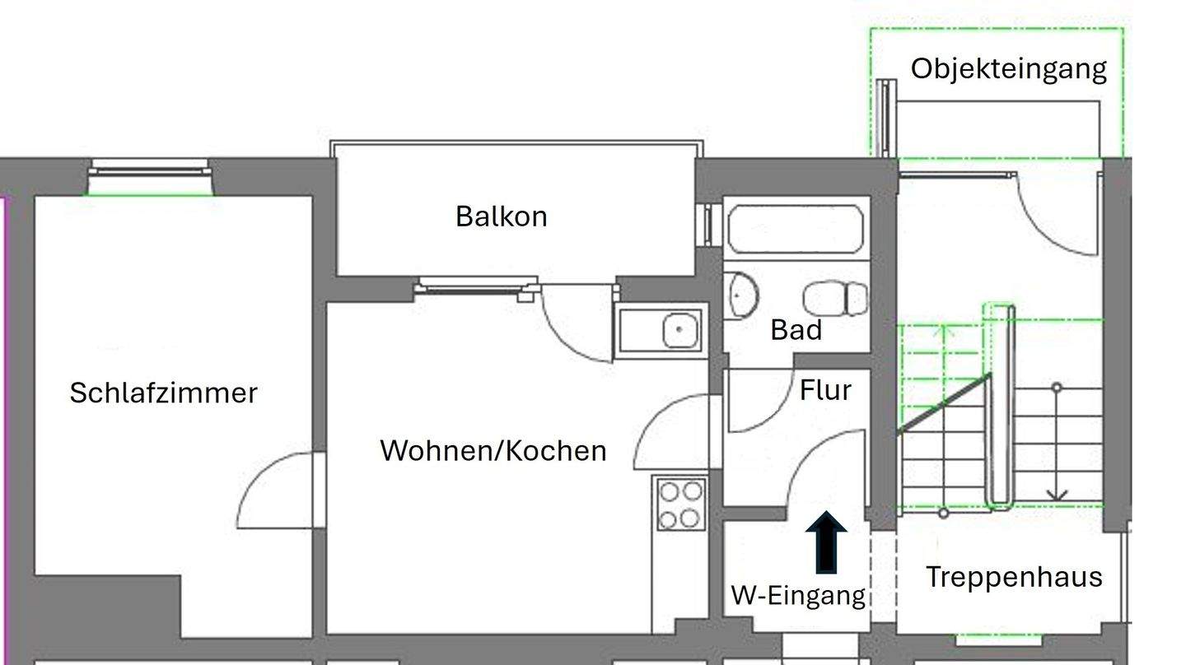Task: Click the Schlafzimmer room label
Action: pos(163,393)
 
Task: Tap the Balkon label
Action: pos(501,216)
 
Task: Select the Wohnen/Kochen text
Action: pos(493,451)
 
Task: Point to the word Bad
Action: pos(796,330)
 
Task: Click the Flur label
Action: pos(824,390)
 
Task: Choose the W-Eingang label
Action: pos(798,595)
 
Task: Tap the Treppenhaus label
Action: pos(1013,577)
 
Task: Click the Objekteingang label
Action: pos(1008,68)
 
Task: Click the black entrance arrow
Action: pos(825,542)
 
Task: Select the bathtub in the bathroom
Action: pos(796,229)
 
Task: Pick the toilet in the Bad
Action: pos(835,298)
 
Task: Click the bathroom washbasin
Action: pos(742,295)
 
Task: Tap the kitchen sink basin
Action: pos(679,331)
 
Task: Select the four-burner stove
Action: pos(679,505)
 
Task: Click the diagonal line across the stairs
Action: pos(944,403)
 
